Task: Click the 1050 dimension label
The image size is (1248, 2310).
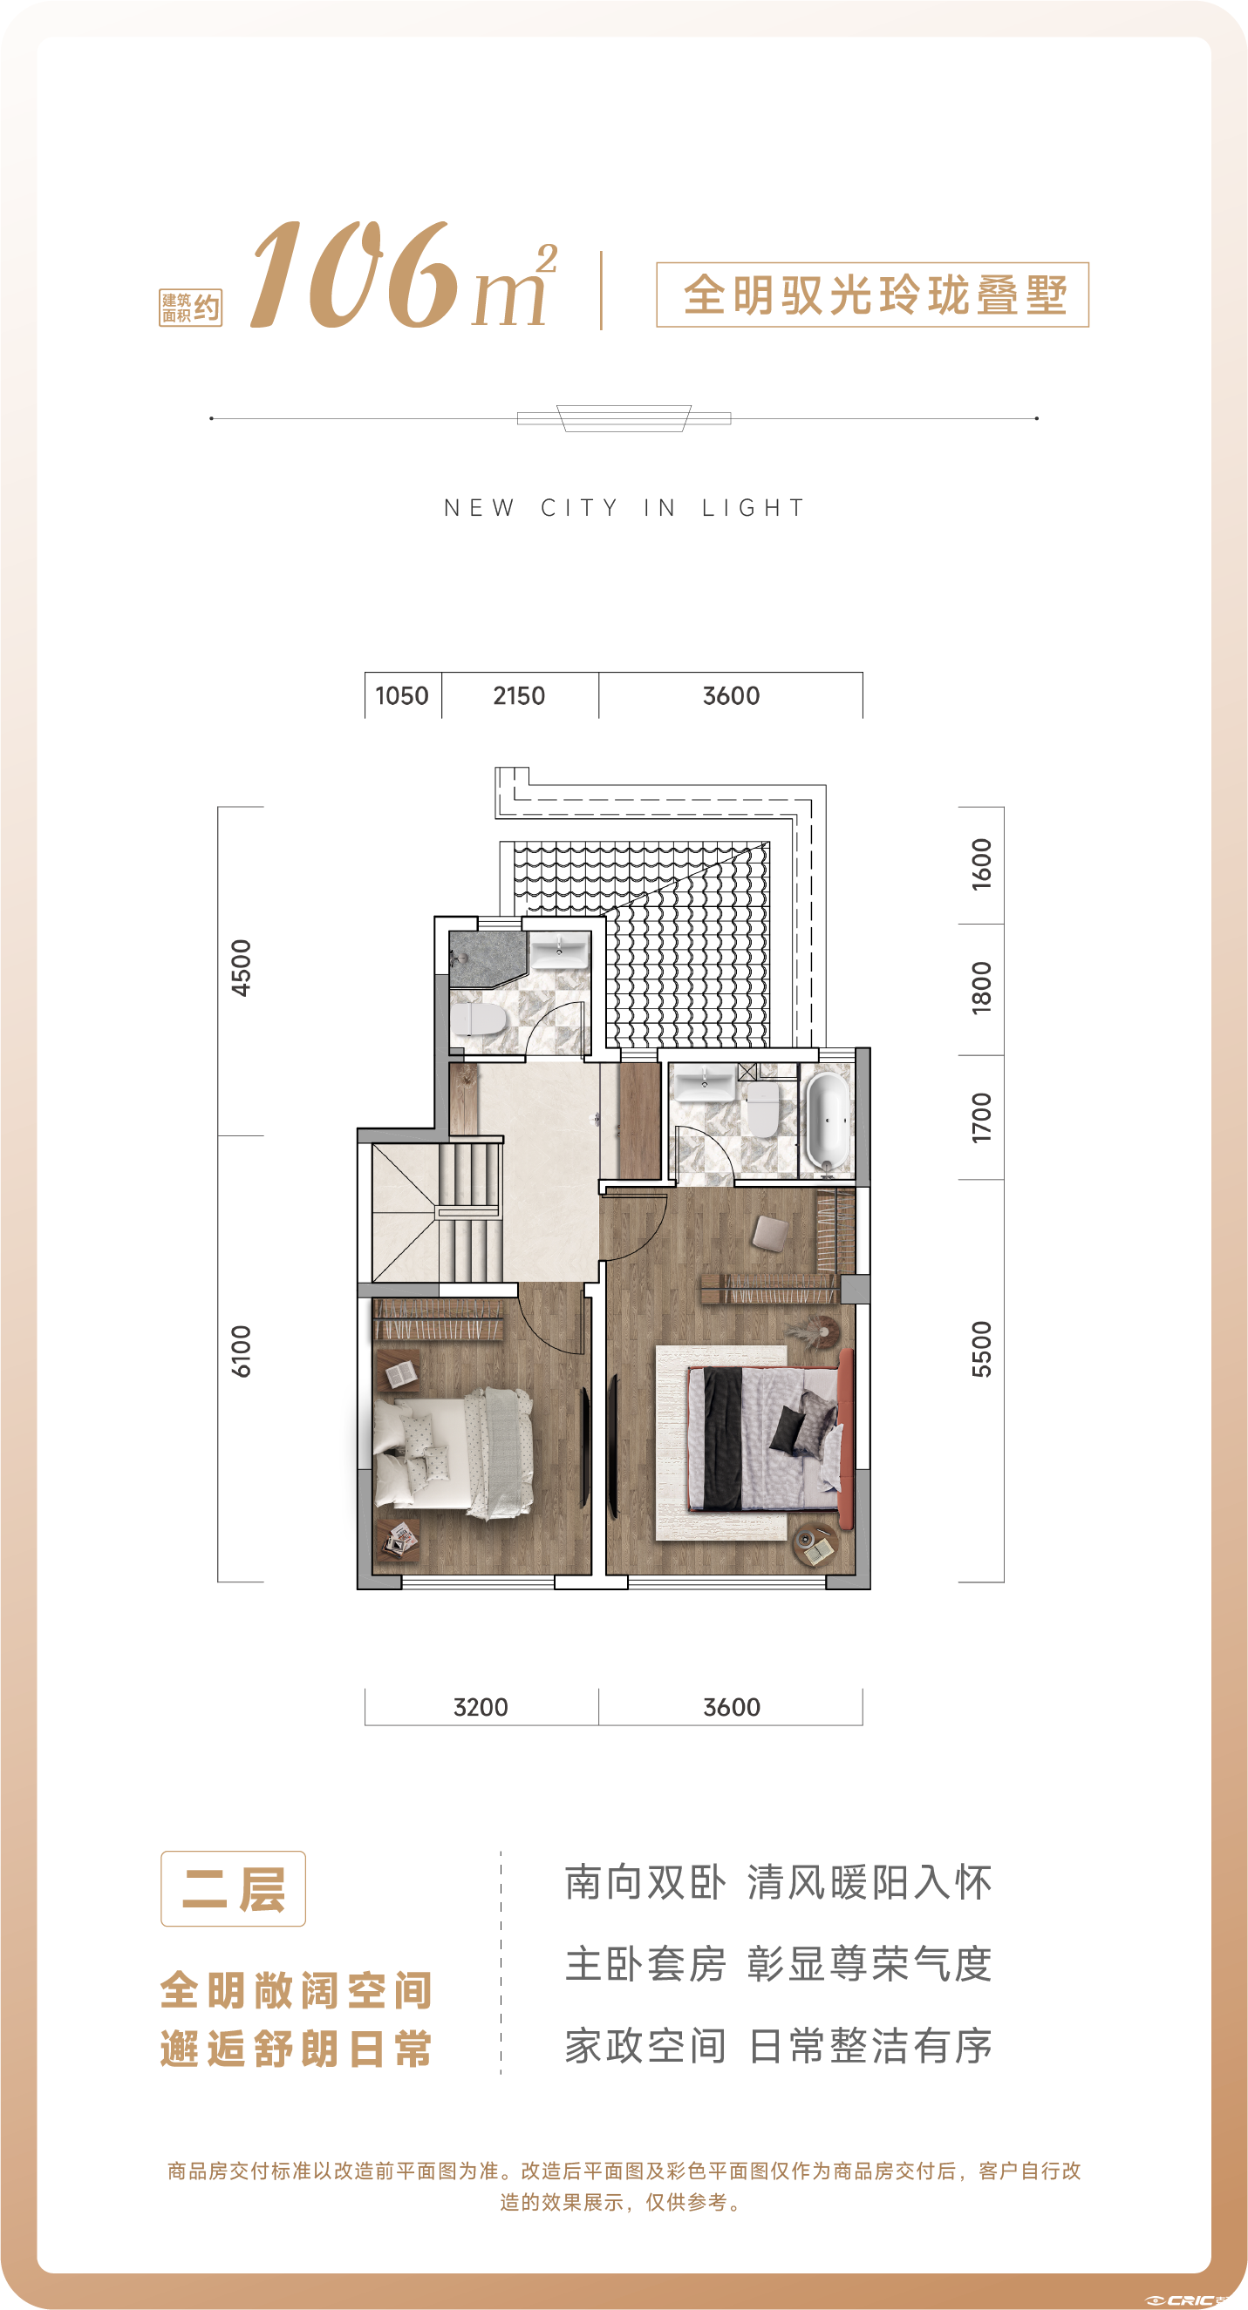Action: [x=401, y=696]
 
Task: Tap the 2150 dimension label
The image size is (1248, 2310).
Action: [x=519, y=696]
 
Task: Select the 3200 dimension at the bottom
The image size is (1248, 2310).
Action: [x=481, y=1707]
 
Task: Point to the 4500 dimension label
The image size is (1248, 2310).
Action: [x=242, y=967]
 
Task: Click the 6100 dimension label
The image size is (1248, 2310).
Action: [x=242, y=1351]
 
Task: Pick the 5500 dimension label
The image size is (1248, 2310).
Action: [x=981, y=1349]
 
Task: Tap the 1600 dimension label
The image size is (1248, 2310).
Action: [x=981, y=864]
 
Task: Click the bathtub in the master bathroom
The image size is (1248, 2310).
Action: [x=828, y=1121]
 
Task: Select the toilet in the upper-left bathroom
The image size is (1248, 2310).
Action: [x=477, y=1020]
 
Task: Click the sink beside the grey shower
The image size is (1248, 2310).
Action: [x=559, y=950]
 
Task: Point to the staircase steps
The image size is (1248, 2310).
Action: [x=469, y=1212]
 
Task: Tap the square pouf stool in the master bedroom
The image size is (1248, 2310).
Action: [x=770, y=1233]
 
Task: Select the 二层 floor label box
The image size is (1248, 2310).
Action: [x=233, y=1887]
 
